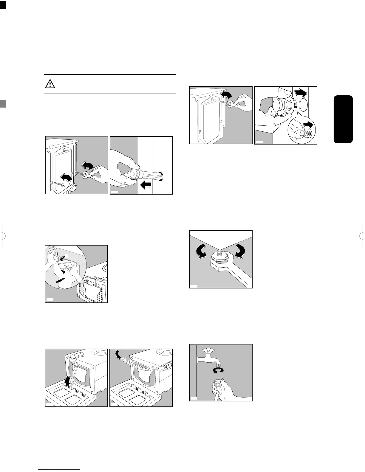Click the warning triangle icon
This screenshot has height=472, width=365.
point(50,84)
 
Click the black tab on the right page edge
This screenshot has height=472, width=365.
point(344,119)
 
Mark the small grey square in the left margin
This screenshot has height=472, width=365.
point(3,103)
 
